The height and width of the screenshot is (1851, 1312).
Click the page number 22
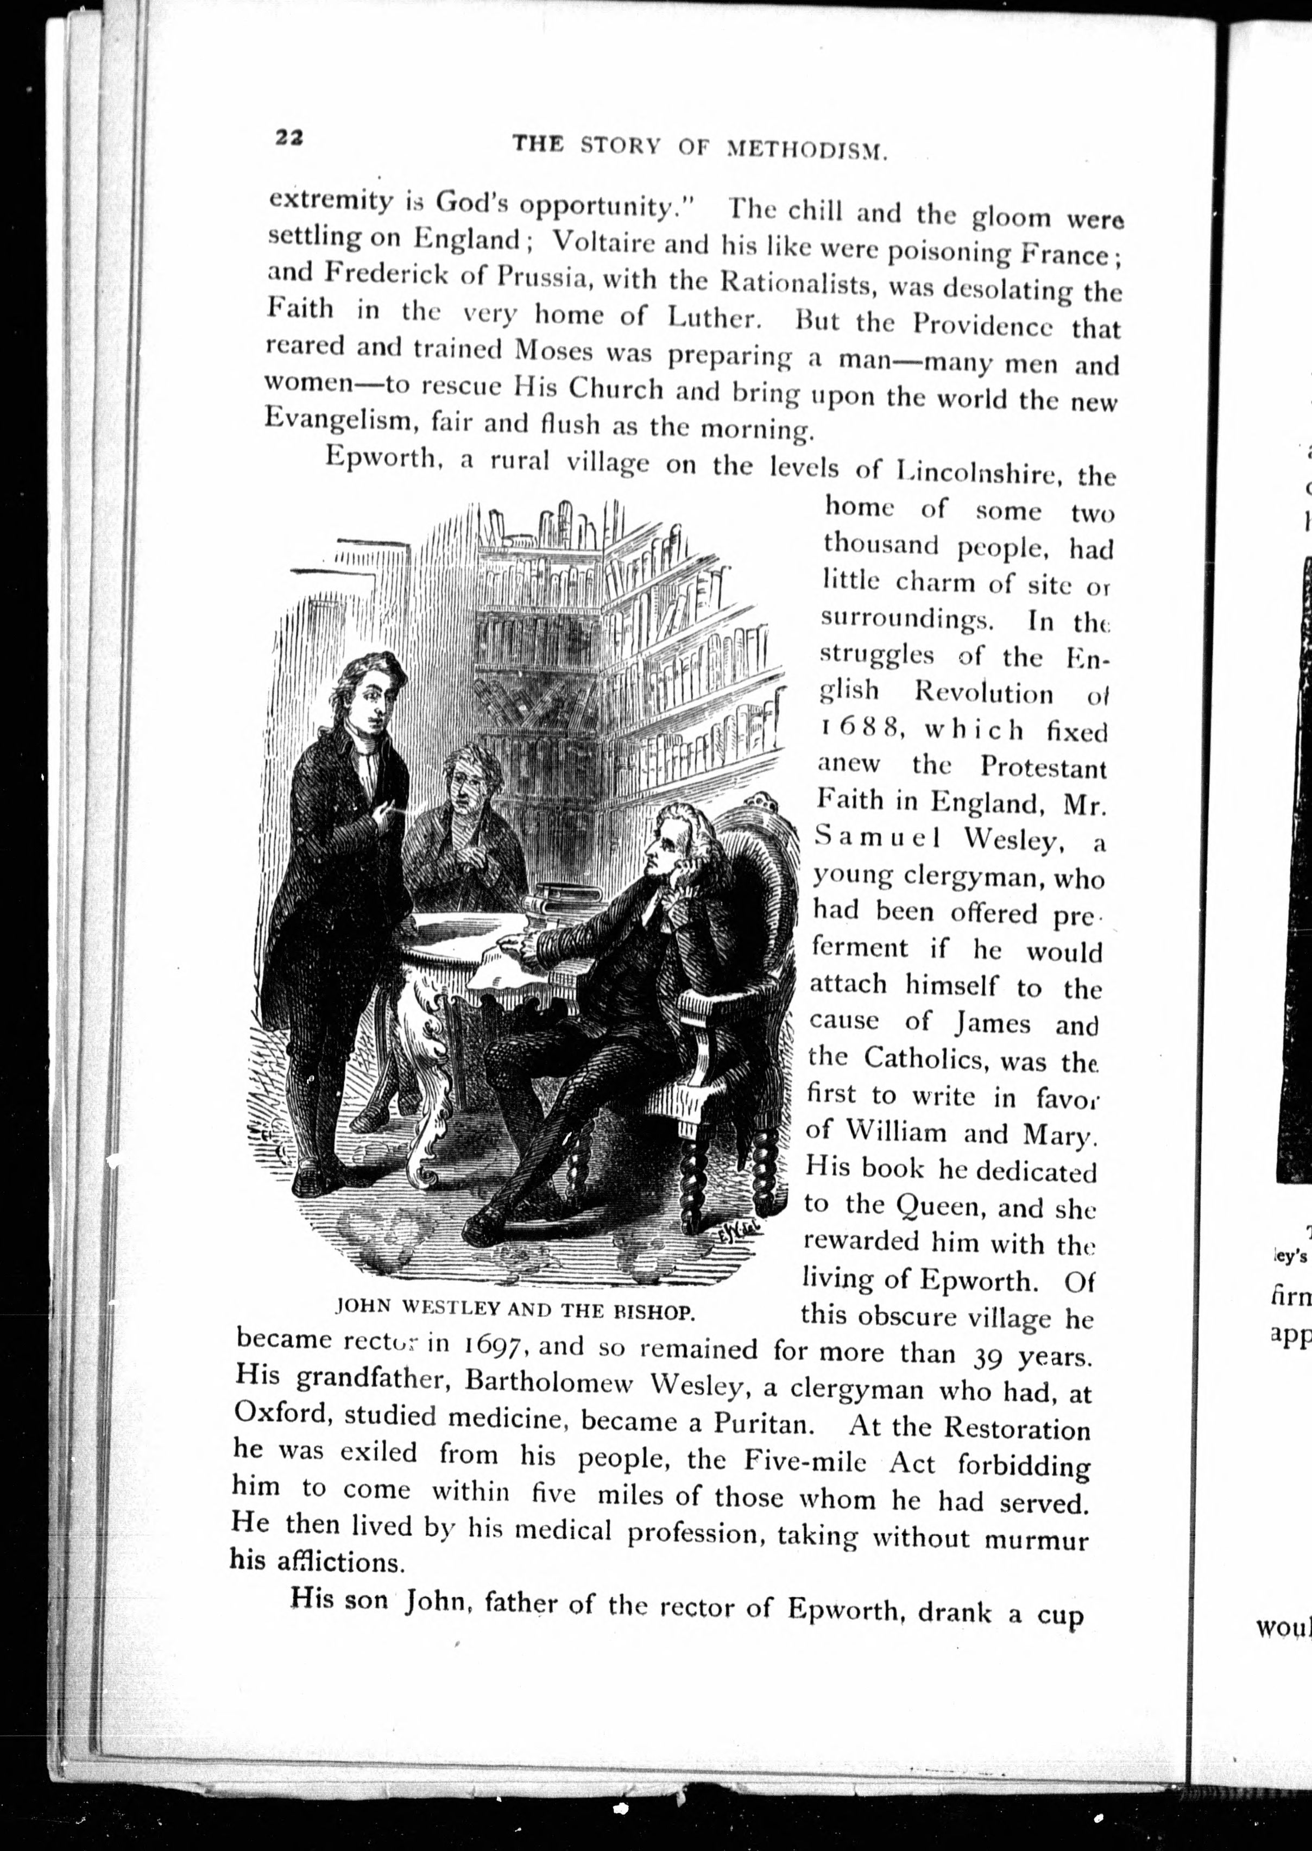pyautogui.click(x=288, y=137)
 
